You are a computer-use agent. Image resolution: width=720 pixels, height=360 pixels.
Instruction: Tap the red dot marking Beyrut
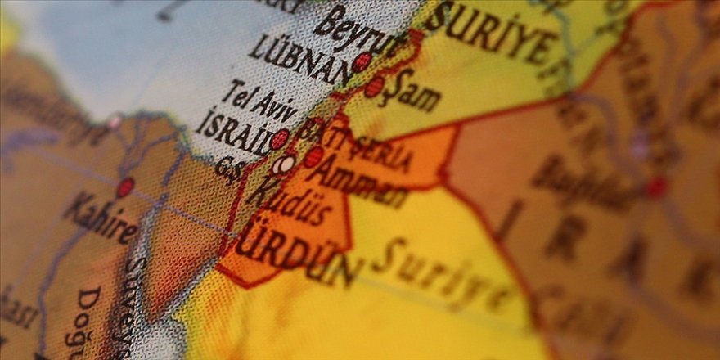point(362,62)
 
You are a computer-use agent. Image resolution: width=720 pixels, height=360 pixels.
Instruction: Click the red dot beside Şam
point(374,87)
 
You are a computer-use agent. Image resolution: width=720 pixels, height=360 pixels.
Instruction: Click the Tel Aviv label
point(260,102)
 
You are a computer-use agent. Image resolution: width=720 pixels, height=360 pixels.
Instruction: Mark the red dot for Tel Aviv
point(280,139)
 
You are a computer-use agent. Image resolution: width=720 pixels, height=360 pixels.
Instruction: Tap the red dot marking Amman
point(313,156)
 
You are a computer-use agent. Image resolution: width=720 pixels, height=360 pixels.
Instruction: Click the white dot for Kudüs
point(284,165)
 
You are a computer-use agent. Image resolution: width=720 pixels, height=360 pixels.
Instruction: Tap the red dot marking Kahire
point(124,187)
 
